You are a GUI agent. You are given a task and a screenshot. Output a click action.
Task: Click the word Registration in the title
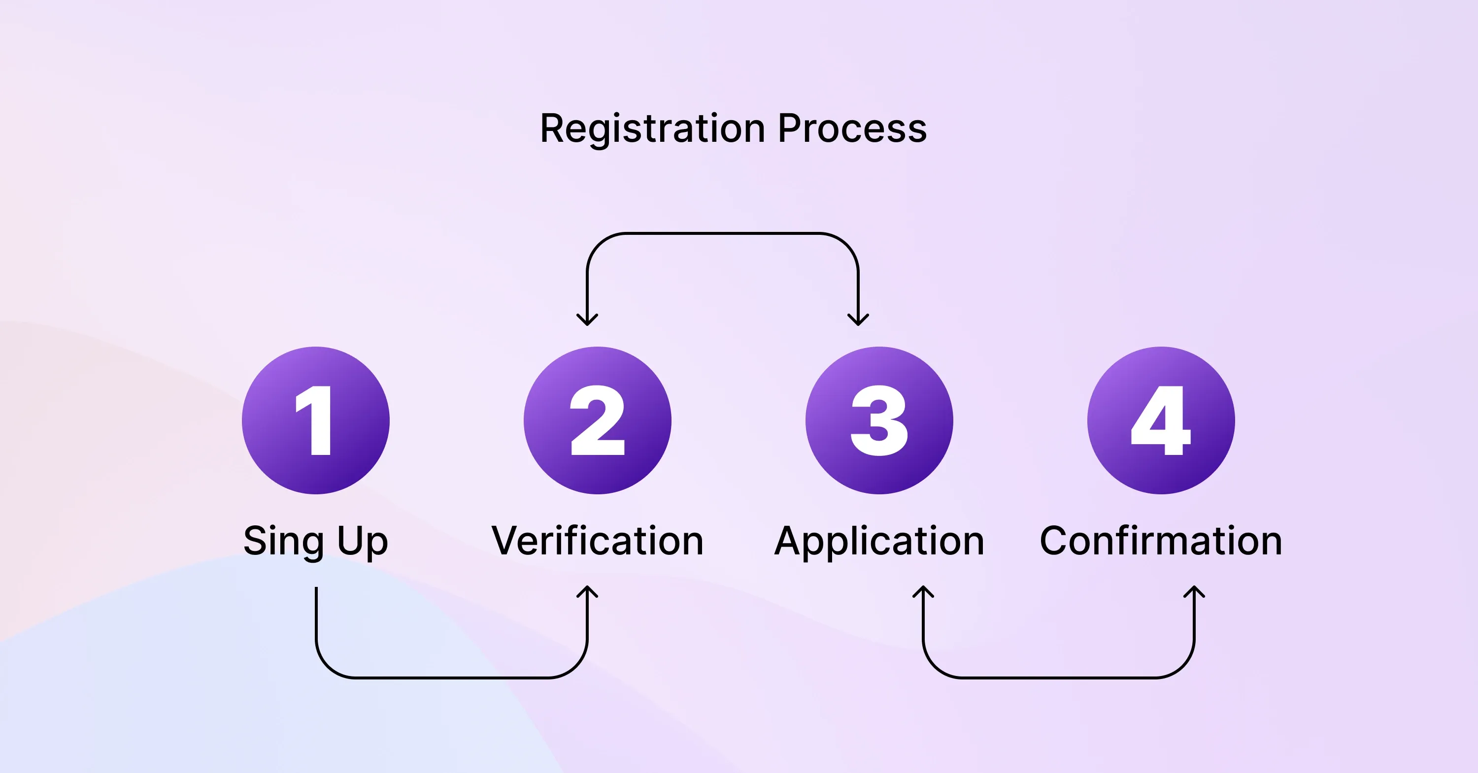pyautogui.click(x=652, y=129)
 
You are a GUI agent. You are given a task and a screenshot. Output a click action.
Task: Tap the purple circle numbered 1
pyautogui.click(x=316, y=420)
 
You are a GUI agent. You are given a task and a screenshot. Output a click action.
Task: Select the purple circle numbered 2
pyautogui.click(x=597, y=420)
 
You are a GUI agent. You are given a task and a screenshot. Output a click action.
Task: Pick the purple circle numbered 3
pyautogui.click(x=879, y=420)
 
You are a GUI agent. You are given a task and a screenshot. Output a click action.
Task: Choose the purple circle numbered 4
pyautogui.click(x=1161, y=420)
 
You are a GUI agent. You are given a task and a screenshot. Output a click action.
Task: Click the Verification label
pyautogui.click(x=597, y=541)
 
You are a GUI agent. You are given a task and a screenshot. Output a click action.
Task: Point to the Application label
pyautogui.click(x=879, y=541)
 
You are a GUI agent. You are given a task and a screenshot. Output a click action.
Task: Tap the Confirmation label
pyautogui.click(x=1161, y=541)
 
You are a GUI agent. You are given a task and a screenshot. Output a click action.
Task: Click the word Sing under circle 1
pyautogui.click(x=283, y=541)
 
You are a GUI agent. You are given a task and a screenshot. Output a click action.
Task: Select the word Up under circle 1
pyautogui.click(x=362, y=541)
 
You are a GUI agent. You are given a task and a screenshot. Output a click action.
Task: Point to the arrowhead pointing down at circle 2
pyautogui.click(x=587, y=320)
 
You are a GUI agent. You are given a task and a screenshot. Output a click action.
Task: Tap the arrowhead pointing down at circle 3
pyautogui.click(x=858, y=320)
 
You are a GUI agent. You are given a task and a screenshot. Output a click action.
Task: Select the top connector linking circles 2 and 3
pyautogui.click(x=722, y=233)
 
